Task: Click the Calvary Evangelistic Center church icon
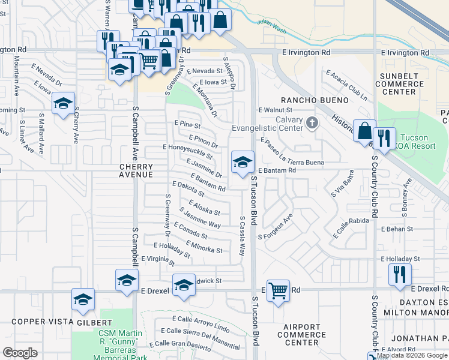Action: coord(312,124)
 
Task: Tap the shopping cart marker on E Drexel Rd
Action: coord(278,291)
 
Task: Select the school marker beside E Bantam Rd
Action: coord(243,162)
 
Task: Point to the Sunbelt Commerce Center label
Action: coord(399,84)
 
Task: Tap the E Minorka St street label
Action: coord(204,247)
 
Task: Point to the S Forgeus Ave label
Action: coord(275,227)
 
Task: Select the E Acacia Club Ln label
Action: coord(346,85)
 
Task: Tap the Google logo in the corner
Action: coord(20,352)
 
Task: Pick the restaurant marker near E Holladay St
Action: coord(399,274)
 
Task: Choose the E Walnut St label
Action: coord(275,110)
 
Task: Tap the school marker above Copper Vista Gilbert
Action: coord(83,299)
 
